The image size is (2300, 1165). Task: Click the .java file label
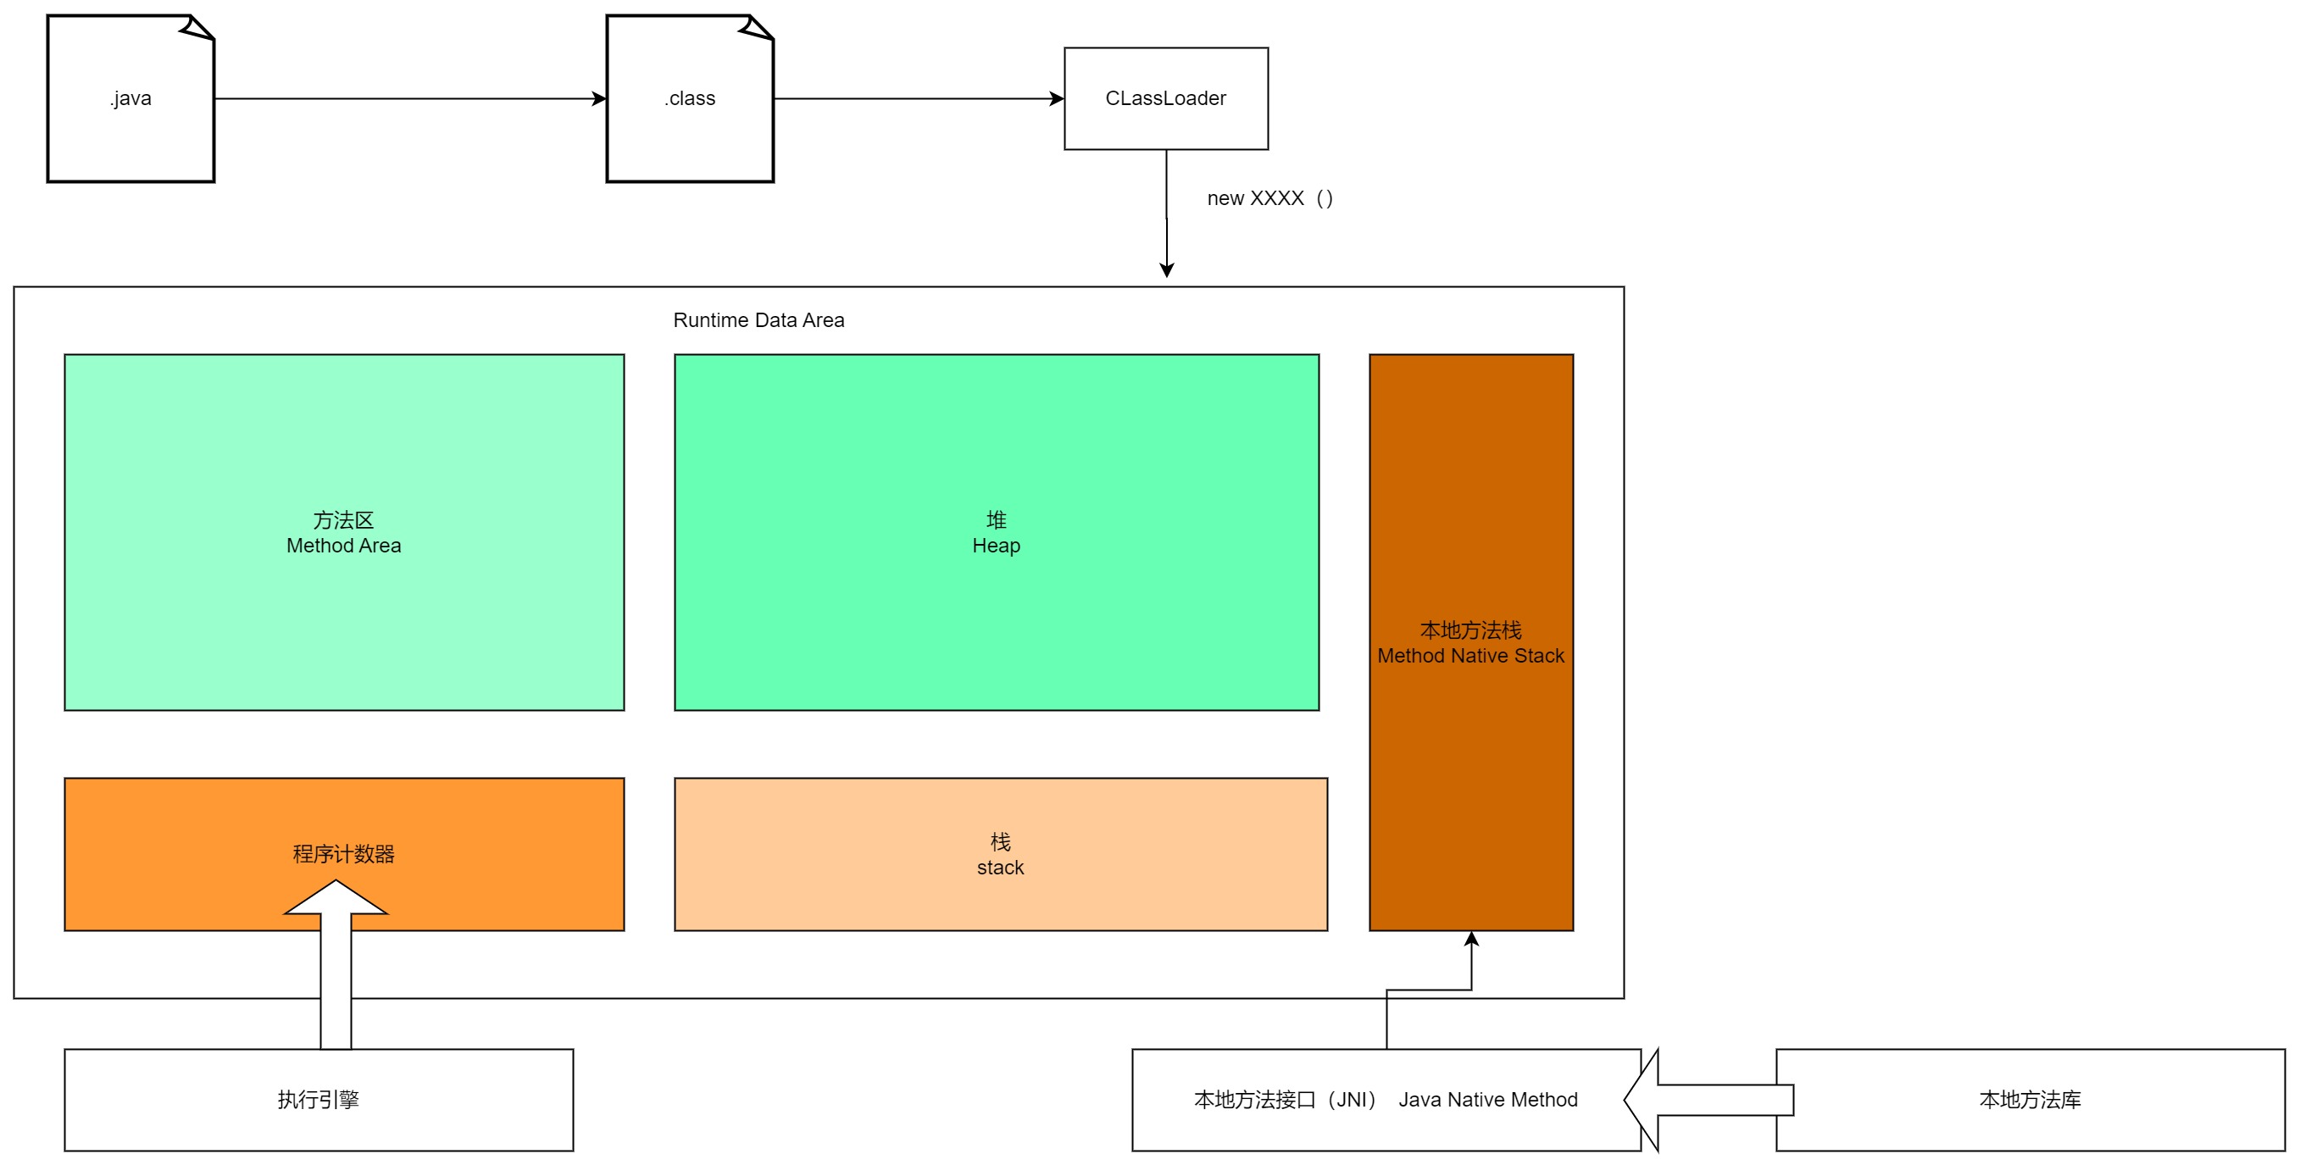pos(131,98)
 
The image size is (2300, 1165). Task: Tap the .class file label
pos(689,98)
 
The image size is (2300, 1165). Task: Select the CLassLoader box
pos(1165,98)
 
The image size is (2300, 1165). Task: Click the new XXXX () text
pos(1269,198)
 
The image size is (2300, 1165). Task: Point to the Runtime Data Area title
pos(758,319)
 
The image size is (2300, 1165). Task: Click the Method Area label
pos(344,546)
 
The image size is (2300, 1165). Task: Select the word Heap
pos(996,546)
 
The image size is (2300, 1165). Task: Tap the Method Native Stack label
pos(1469,656)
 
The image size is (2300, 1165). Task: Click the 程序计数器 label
pos(344,853)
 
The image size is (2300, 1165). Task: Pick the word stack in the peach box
pos(1000,868)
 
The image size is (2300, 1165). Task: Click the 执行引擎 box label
pos(318,1099)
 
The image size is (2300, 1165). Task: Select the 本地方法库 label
pos(2030,1099)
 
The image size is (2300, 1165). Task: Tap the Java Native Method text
pos(1487,1099)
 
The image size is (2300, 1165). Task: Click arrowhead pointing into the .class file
pos(600,98)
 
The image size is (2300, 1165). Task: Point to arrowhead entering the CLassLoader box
pos(1057,98)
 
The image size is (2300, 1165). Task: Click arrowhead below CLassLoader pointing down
pos(1166,269)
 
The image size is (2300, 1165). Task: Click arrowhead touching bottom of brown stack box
pos(1471,938)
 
